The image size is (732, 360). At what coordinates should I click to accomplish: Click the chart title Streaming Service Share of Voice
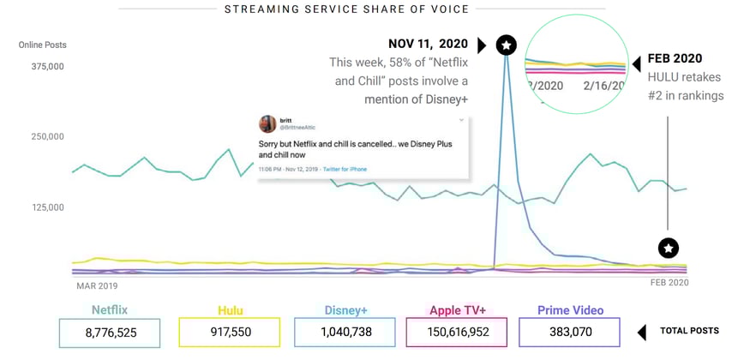pyautogui.click(x=346, y=9)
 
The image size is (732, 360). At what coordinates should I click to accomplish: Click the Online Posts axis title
pyautogui.click(x=43, y=45)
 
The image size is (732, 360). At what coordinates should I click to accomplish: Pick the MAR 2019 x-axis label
pyautogui.click(x=97, y=285)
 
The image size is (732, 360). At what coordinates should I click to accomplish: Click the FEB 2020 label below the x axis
pyautogui.click(x=669, y=283)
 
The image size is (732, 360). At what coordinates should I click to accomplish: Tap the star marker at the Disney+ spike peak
pyautogui.click(x=507, y=45)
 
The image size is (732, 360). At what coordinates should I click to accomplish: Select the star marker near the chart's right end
pyautogui.click(x=669, y=248)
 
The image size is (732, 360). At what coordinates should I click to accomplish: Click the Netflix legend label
pyautogui.click(x=109, y=310)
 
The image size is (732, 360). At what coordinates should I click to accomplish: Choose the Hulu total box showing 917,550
pyautogui.click(x=229, y=333)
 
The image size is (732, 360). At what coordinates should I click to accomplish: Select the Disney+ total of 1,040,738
pyautogui.click(x=344, y=333)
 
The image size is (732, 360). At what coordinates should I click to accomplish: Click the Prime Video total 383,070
pyautogui.click(x=570, y=333)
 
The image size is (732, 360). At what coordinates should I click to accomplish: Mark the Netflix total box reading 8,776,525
pyautogui.click(x=109, y=333)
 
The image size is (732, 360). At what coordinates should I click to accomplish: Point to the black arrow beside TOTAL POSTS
pyautogui.click(x=643, y=332)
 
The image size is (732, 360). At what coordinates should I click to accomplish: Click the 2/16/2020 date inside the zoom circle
pyautogui.click(x=601, y=86)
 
